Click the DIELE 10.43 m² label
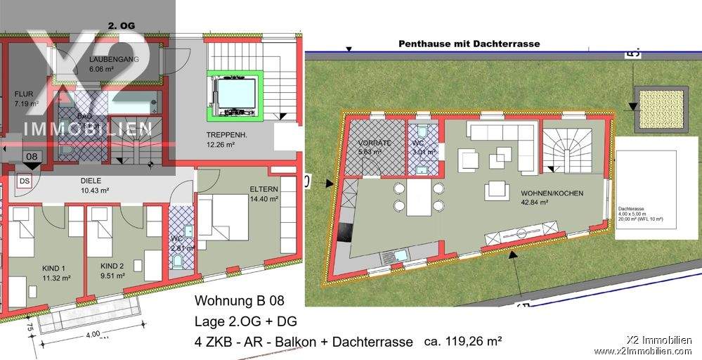tap(95, 186)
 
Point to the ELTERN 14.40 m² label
tap(264, 194)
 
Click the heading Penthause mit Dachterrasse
tap(469, 44)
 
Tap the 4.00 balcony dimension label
tap(93, 334)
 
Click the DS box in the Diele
tap(25, 181)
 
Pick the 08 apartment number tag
tap(31, 157)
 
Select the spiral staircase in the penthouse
tap(572, 148)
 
